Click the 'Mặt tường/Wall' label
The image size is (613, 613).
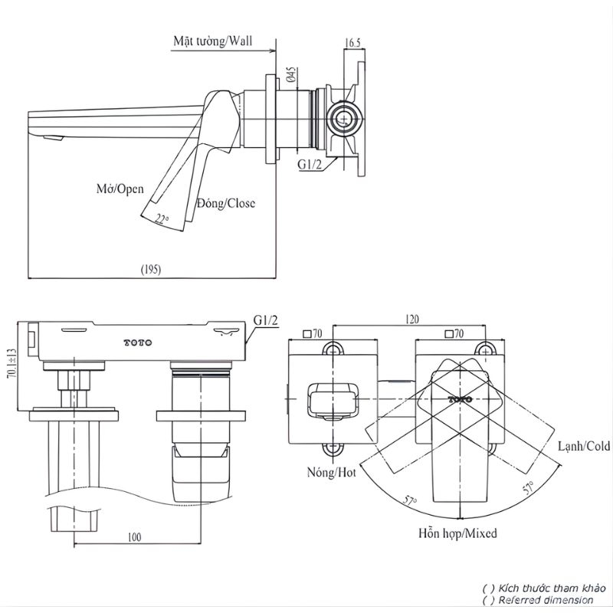[x=213, y=41]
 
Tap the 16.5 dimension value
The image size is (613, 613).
[x=352, y=43]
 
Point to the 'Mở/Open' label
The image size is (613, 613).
[x=120, y=188]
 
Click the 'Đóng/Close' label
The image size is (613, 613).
[x=226, y=203]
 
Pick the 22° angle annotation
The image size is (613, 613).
[x=162, y=219]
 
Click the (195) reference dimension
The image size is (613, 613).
[x=150, y=270]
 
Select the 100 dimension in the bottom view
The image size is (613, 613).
[x=134, y=537]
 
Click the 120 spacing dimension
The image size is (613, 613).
[x=411, y=320]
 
